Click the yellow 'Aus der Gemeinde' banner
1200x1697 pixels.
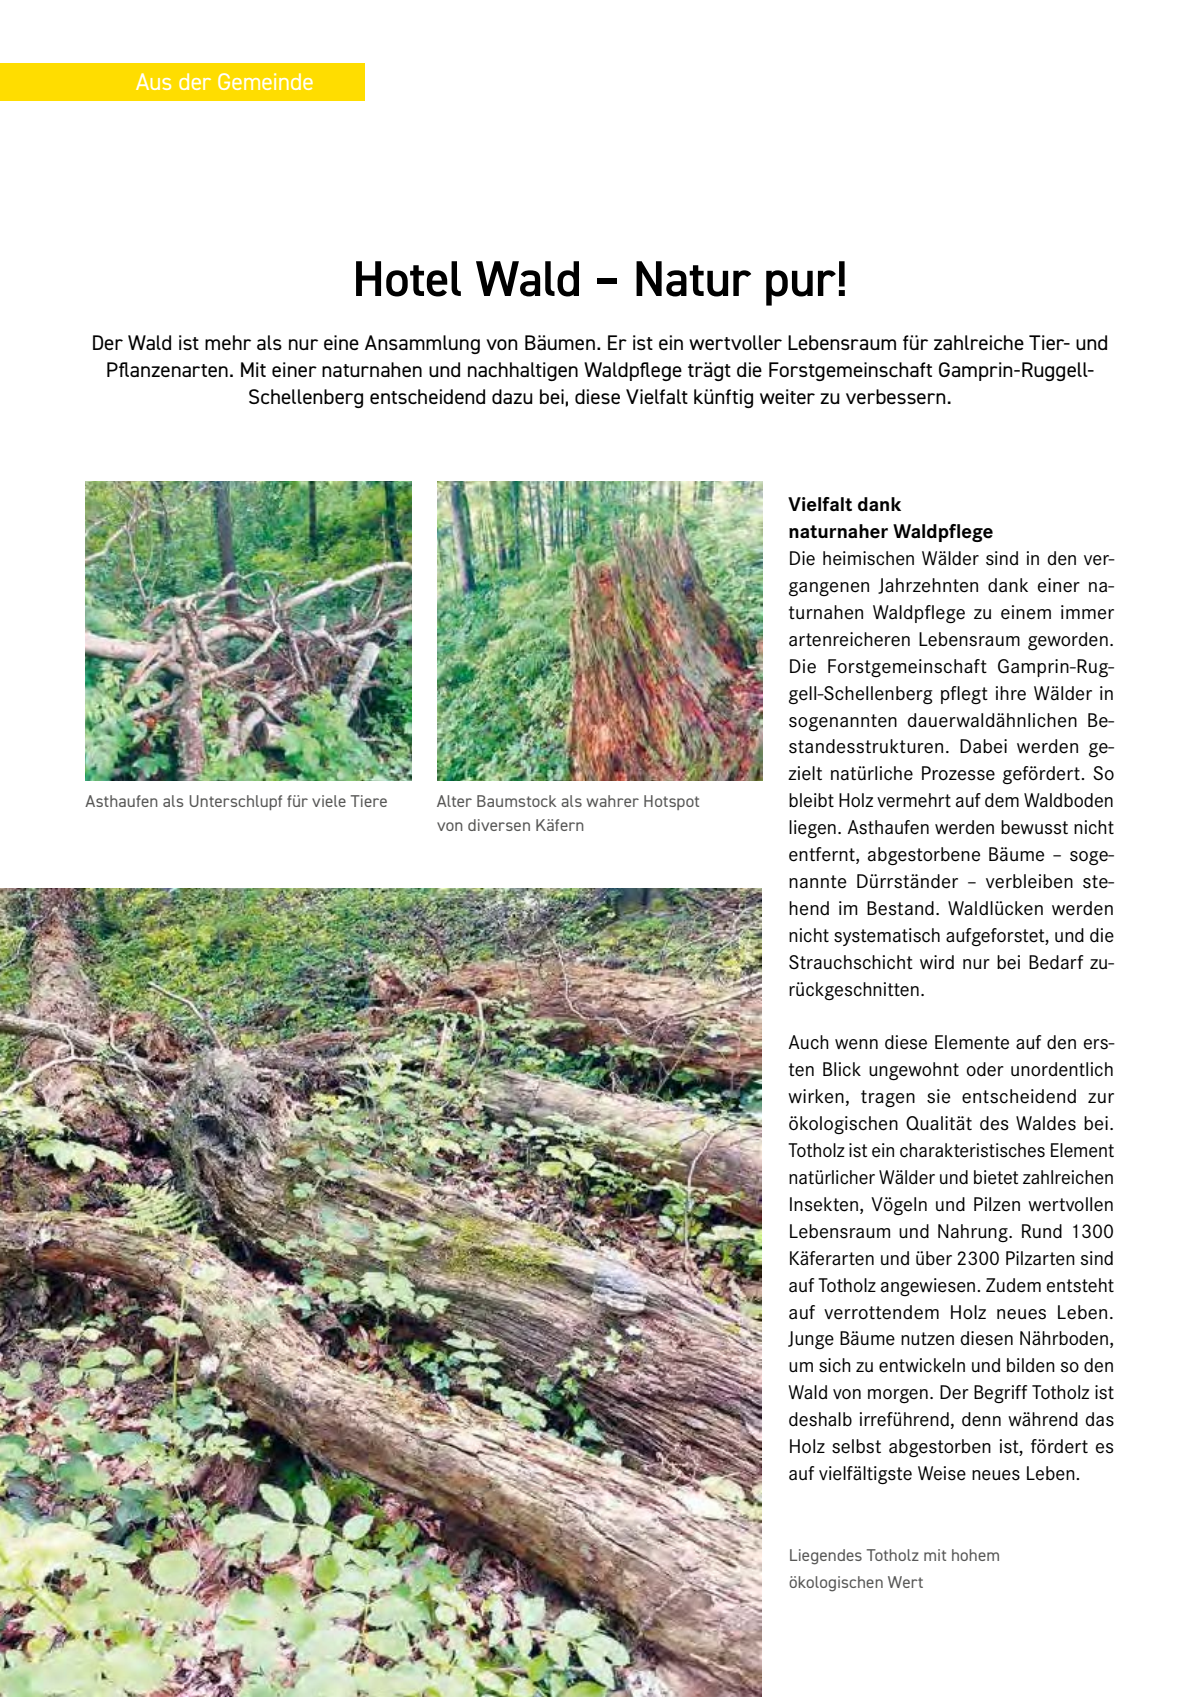182,82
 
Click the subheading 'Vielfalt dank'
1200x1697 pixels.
844,505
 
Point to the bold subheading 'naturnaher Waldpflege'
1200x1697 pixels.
890,532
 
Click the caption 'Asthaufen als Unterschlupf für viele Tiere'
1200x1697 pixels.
236,802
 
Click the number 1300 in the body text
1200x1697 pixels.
1092,1232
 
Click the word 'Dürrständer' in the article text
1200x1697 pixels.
907,882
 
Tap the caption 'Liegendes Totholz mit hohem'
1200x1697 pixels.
893,1556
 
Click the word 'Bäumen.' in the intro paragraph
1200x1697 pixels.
560,344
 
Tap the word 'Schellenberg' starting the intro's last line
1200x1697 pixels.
306,398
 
